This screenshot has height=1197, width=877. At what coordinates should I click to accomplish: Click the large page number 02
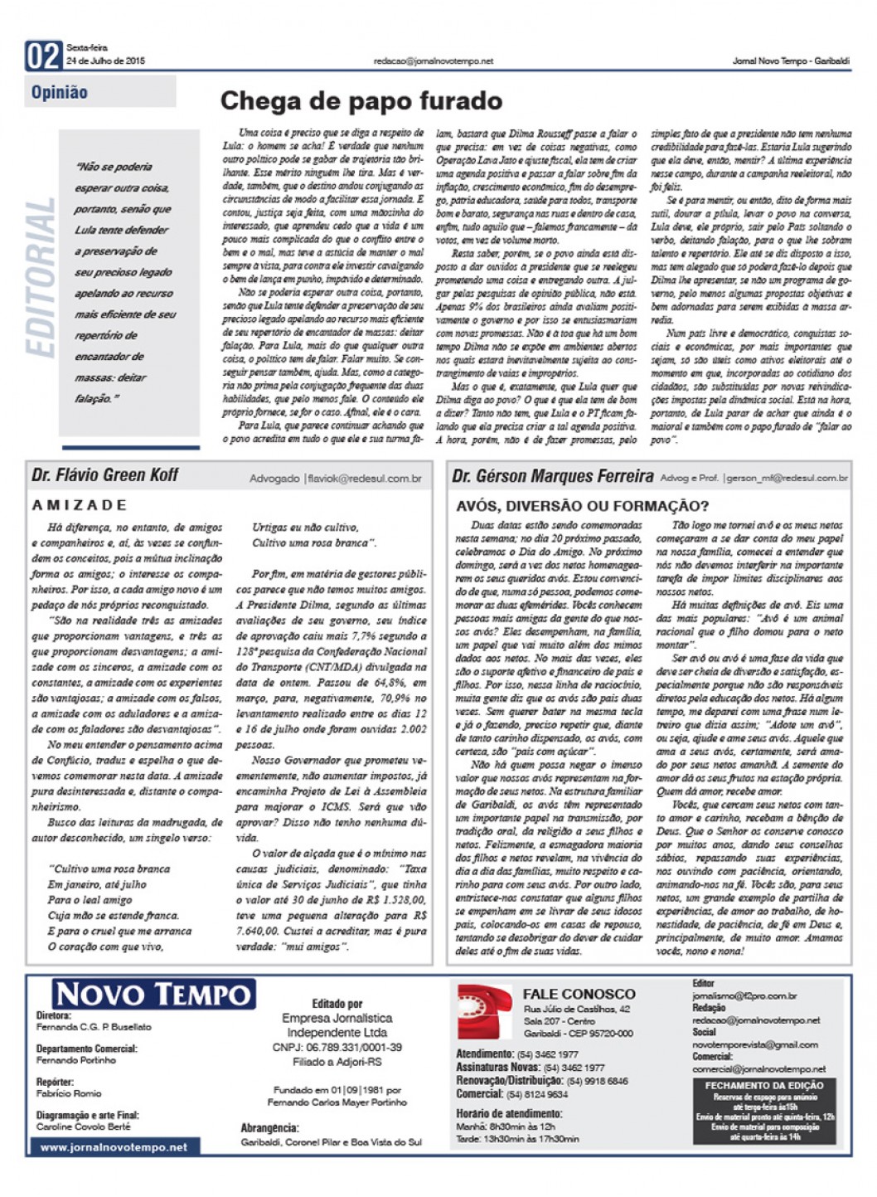(43, 56)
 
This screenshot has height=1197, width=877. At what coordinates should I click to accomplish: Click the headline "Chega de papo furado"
(361, 101)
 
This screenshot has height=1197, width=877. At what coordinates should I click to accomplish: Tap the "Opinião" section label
(60, 92)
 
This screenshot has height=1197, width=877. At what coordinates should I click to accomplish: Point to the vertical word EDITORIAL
(41, 278)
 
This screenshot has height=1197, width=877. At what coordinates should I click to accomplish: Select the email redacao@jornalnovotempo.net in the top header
(434, 61)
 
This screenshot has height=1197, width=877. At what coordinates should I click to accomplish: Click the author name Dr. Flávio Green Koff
(105, 475)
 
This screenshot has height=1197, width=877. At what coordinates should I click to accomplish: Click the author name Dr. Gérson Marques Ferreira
(553, 476)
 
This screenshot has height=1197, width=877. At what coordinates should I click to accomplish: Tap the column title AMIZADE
(80, 504)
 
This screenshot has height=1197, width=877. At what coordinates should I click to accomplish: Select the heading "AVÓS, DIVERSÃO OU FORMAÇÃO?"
(583, 506)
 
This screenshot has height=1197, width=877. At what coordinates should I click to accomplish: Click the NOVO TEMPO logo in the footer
(153, 994)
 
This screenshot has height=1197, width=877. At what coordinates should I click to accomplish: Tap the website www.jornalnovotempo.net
(114, 1147)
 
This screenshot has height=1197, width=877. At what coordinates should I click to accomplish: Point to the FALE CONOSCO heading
(579, 994)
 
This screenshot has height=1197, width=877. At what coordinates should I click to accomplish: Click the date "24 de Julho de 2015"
(106, 61)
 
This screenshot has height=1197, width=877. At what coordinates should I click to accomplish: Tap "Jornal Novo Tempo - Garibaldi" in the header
(791, 61)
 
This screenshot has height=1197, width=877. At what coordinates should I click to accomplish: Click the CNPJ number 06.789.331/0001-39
(337, 1048)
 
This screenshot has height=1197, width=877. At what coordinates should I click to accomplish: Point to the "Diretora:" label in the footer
(54, 1015)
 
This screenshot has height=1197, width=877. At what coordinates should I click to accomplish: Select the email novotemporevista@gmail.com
(755, 1044)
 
